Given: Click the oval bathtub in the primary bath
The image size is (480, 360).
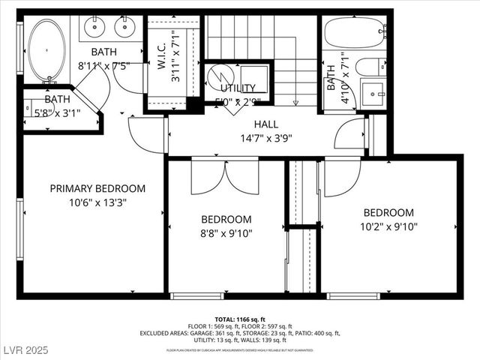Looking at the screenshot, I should (48, 50).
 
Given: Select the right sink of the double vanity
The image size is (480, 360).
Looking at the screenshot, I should (124, 28).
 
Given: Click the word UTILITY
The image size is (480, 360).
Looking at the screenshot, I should (238, 88).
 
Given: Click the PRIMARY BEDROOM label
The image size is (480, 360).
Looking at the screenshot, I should (97, 188).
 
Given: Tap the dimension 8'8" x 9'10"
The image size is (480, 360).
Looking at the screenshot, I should (226, 232).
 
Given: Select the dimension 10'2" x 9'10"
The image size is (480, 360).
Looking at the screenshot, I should (388, 226).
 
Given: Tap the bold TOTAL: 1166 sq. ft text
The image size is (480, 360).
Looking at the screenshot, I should (239, 319).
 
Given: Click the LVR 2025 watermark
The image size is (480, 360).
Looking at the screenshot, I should (25, 351).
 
